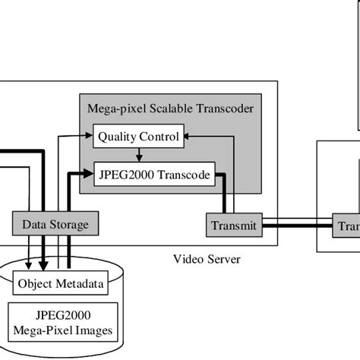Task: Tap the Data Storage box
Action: click(x=55, y=225)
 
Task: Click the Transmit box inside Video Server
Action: click(x=232, y=226)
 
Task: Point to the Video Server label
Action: click(x=206, y=260)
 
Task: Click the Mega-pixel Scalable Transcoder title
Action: click(x=171, y=109)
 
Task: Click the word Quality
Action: click(x=118, y=137)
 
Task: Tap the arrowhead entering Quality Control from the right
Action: click(x=188, y=137)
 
